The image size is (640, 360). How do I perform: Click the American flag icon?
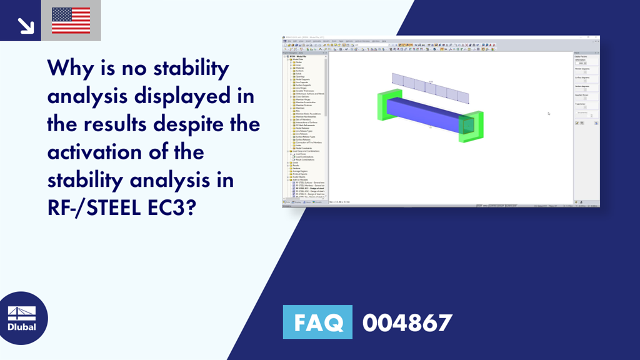tap(71, 21)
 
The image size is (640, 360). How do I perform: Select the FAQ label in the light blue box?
tap(317, 322)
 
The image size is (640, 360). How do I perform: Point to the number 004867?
tap(407, 322)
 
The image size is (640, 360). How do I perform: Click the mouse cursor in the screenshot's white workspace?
tap(549, 113)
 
